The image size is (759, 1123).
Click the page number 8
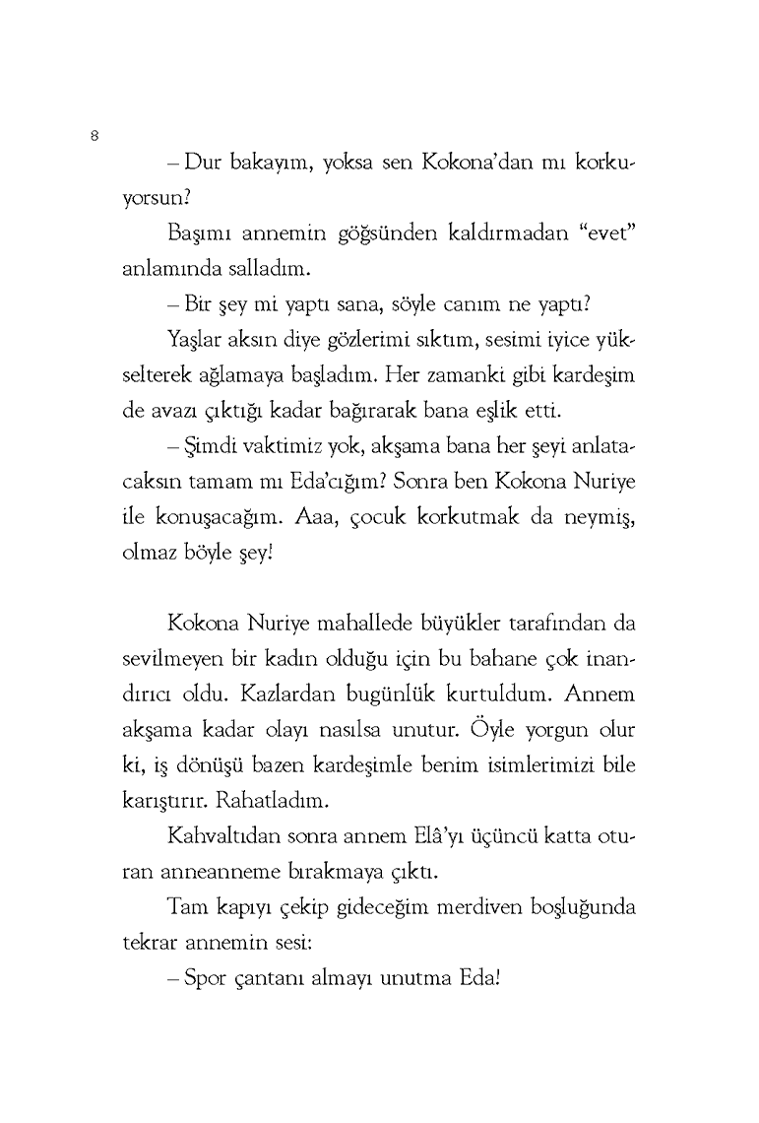(93, 137)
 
